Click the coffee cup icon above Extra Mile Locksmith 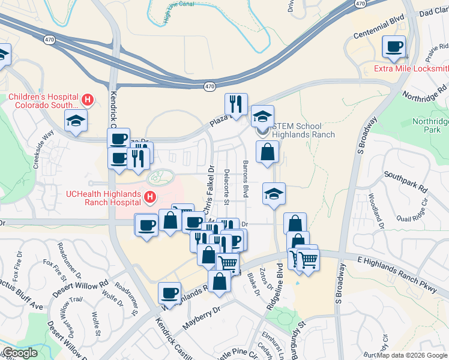pos(394,46)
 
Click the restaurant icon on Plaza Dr pos(237,103)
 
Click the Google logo pos(19,353)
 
